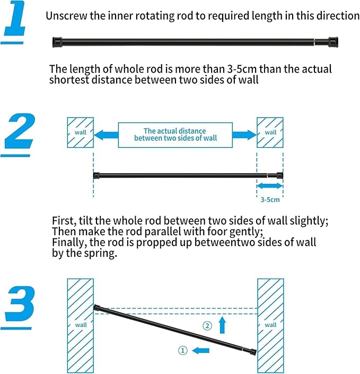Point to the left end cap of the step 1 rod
[x=57, y=41]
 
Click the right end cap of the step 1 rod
[x=333, y=41]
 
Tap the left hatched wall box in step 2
[x=80, y=132]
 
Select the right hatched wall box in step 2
[x=270, y=132]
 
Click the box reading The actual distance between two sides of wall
[x=175, y=135]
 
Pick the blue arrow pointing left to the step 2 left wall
[x=106, y=135]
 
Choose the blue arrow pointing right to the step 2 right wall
[x=244, y=135]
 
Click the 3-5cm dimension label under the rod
[x=270, y=200]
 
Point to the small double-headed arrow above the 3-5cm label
[x=270, y=186]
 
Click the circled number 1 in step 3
[x=182, y=350]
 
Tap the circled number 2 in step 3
[x=208, y=325]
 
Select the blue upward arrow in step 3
[x=223, y=324]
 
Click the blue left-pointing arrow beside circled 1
[x=200, y=350]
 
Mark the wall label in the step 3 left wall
[x=81, y=325]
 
